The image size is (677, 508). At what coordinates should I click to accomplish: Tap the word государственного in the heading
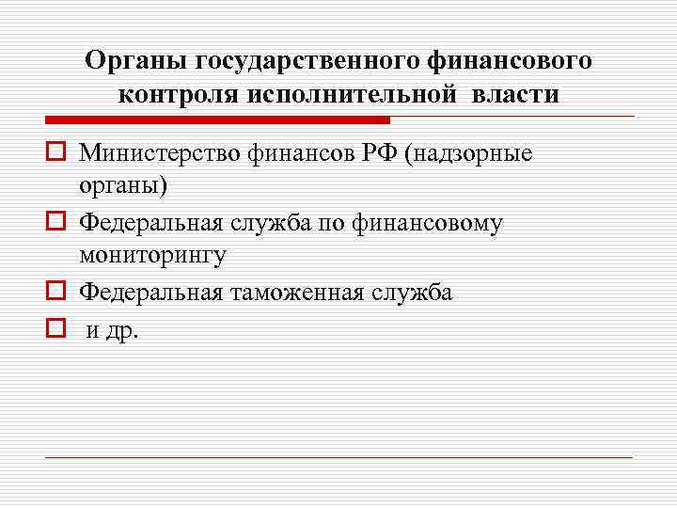tap(309, 61)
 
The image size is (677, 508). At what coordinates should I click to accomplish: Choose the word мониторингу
tap(152, 256)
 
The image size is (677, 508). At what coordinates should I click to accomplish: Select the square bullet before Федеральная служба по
tap(55, 223)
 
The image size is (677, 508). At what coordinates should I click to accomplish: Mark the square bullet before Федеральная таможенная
tap(55, 293)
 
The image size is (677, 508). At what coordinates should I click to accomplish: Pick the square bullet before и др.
tap(55, 328)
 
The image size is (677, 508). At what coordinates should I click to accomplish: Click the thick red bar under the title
tap(216, 120)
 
